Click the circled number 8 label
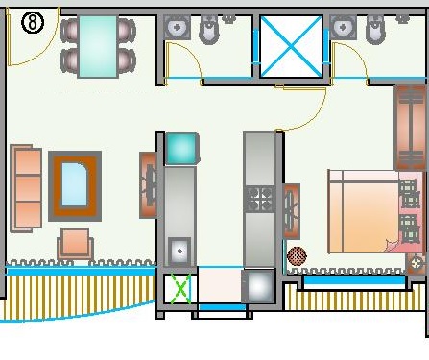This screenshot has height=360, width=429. [33, 23]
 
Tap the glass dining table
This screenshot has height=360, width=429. [98, 47]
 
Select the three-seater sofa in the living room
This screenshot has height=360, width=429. [26, 188]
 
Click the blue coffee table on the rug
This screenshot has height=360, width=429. [75, 184]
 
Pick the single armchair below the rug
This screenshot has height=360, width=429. [76, 244]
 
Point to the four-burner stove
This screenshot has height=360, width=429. [259, 199]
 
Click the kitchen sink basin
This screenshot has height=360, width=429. [179, 252]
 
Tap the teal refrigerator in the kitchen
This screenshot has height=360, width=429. [181, 149]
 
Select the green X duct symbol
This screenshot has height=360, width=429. [180, 289]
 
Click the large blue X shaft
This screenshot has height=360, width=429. [291, 47]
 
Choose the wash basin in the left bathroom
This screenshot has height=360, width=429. [177, 27]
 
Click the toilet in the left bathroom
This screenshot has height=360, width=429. [210, 30]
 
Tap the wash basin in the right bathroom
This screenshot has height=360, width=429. [344, 27]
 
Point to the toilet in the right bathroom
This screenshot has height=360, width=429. [377, 30]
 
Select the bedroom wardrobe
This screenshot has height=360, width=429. [411, 128]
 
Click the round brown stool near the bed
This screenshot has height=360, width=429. [297, 256]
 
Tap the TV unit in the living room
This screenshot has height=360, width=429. [148, 185]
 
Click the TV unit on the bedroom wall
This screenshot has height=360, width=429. [292, 211]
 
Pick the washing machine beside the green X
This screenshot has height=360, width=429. [258, 286]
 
